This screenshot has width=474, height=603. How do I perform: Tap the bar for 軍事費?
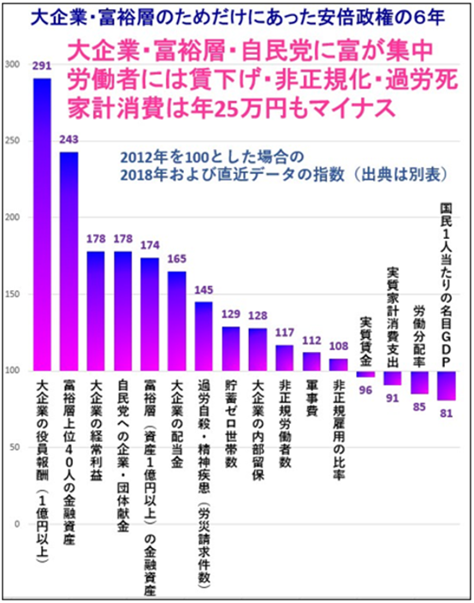(311, 361)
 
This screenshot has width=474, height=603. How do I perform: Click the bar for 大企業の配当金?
(176, 321)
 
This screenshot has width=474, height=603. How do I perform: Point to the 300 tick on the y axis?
(12, 64)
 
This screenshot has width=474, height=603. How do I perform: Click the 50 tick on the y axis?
(15, 447)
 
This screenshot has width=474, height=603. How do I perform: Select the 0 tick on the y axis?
(17, 523)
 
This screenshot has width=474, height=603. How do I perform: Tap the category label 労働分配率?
(419, 335)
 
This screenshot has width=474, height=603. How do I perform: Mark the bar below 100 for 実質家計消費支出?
(393, 378)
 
